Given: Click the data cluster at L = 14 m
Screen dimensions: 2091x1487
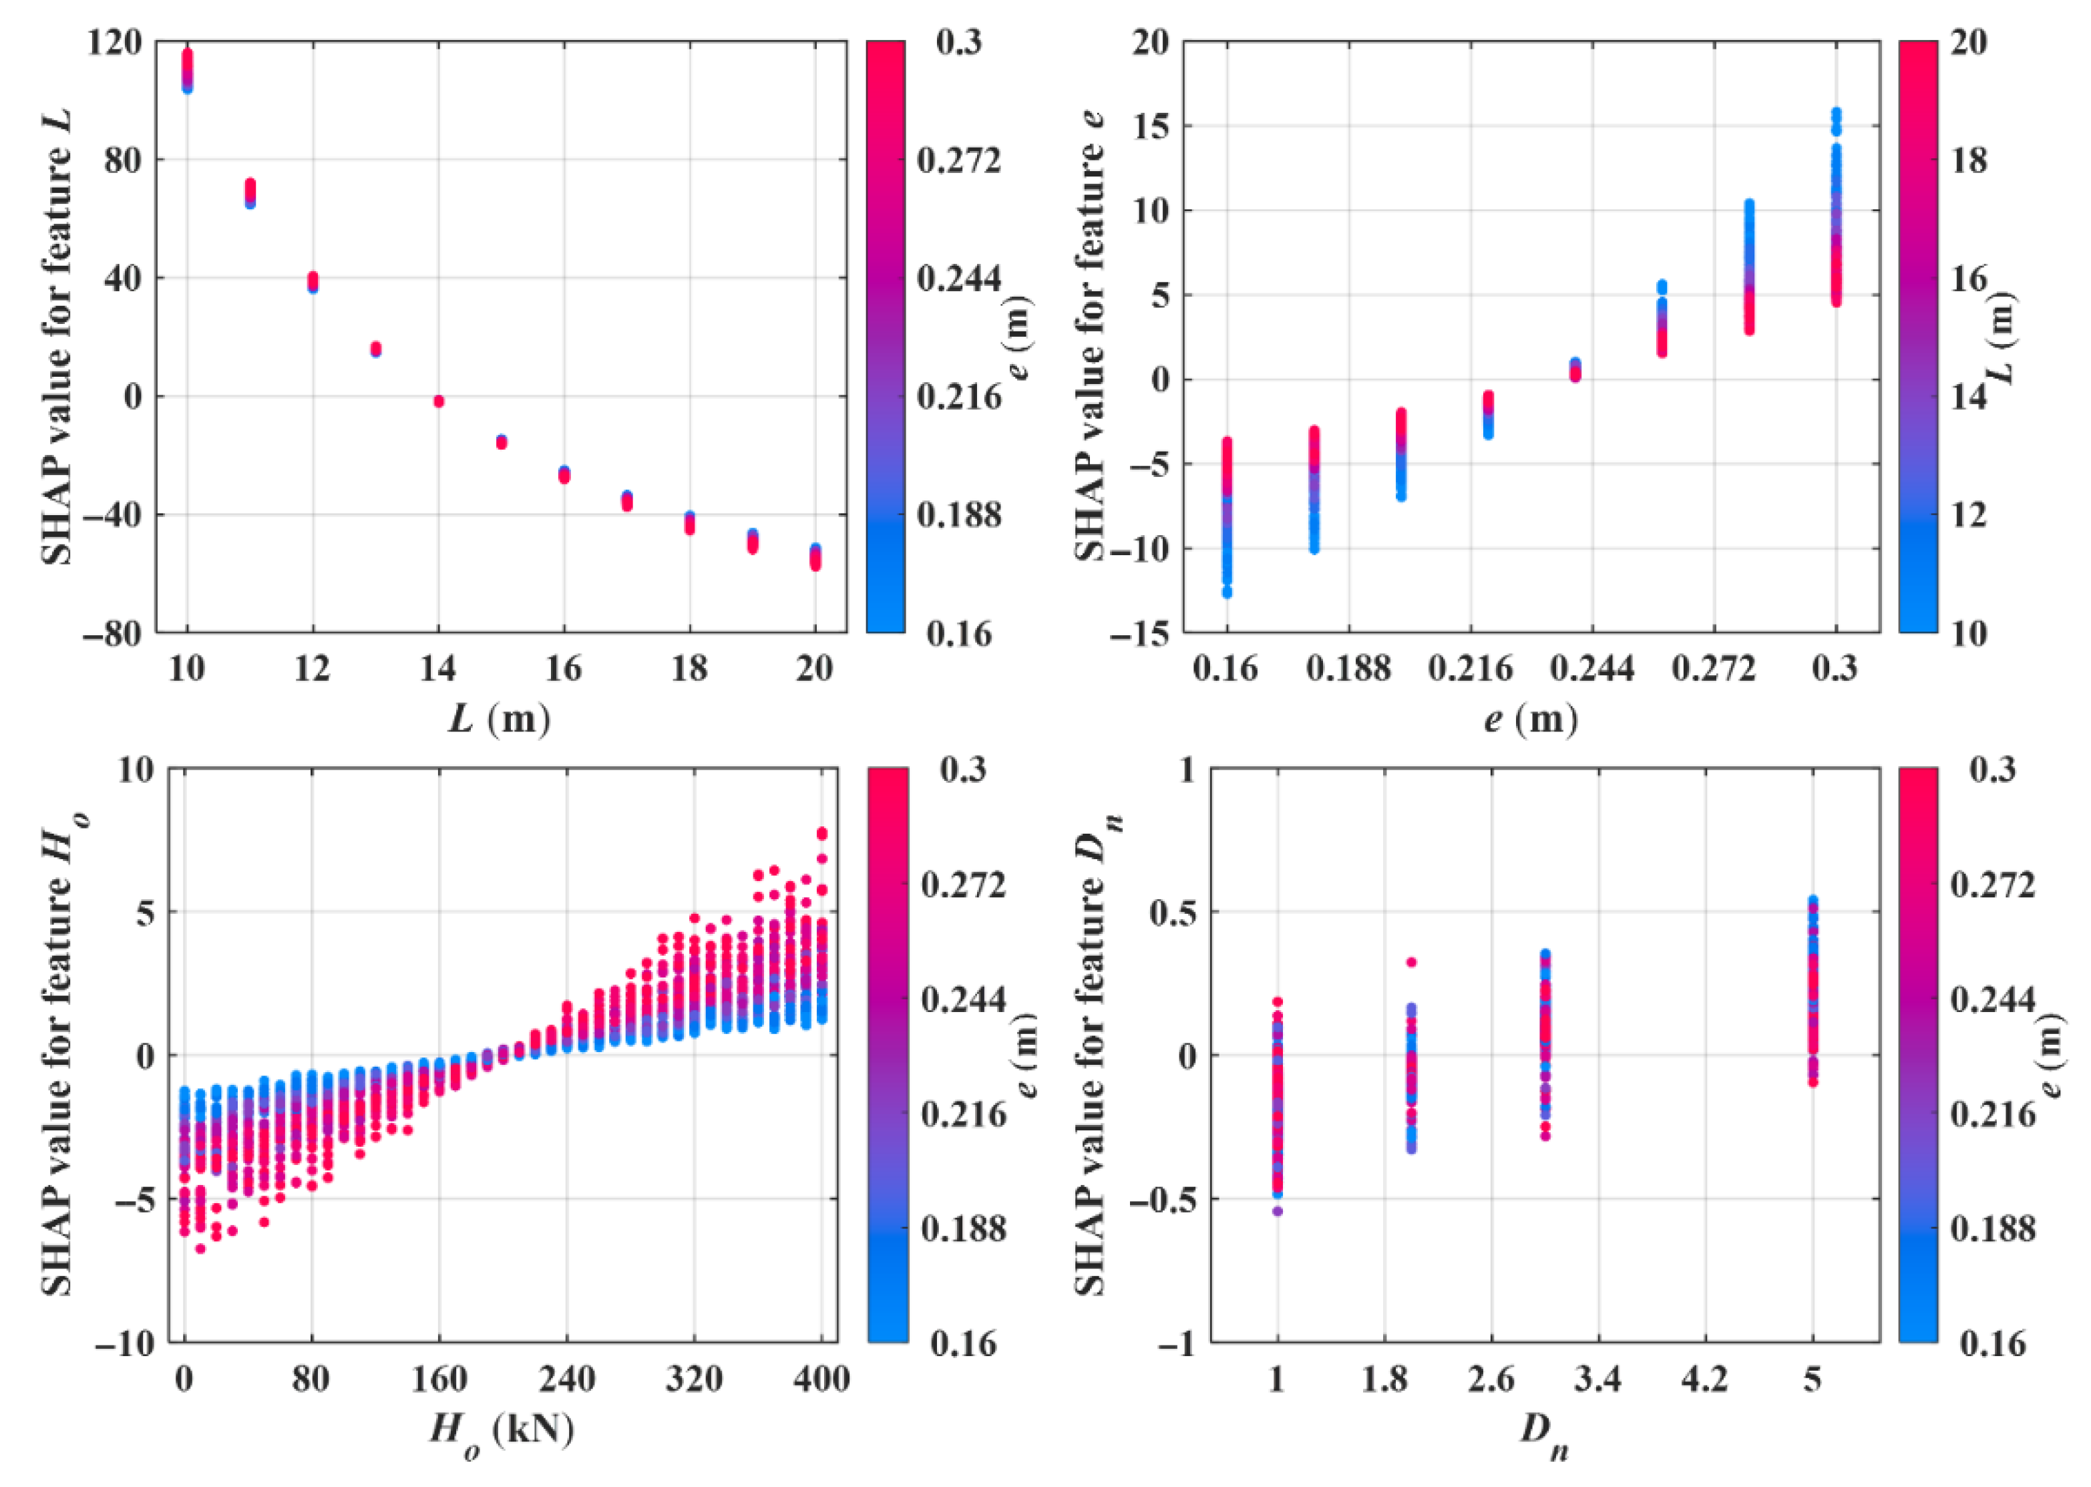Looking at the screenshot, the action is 439,401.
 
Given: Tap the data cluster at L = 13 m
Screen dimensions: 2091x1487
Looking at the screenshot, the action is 375,349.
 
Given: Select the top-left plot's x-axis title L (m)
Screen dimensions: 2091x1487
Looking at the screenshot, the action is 500,719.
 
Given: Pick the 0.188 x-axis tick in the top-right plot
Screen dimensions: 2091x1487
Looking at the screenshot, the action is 1348,669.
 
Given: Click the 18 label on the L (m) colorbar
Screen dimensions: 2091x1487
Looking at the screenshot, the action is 1968,160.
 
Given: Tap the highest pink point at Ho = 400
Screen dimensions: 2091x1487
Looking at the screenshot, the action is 822,833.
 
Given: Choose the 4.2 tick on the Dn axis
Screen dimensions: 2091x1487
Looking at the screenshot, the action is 1705,1377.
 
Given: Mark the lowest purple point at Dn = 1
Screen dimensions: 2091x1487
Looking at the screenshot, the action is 1277,1211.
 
